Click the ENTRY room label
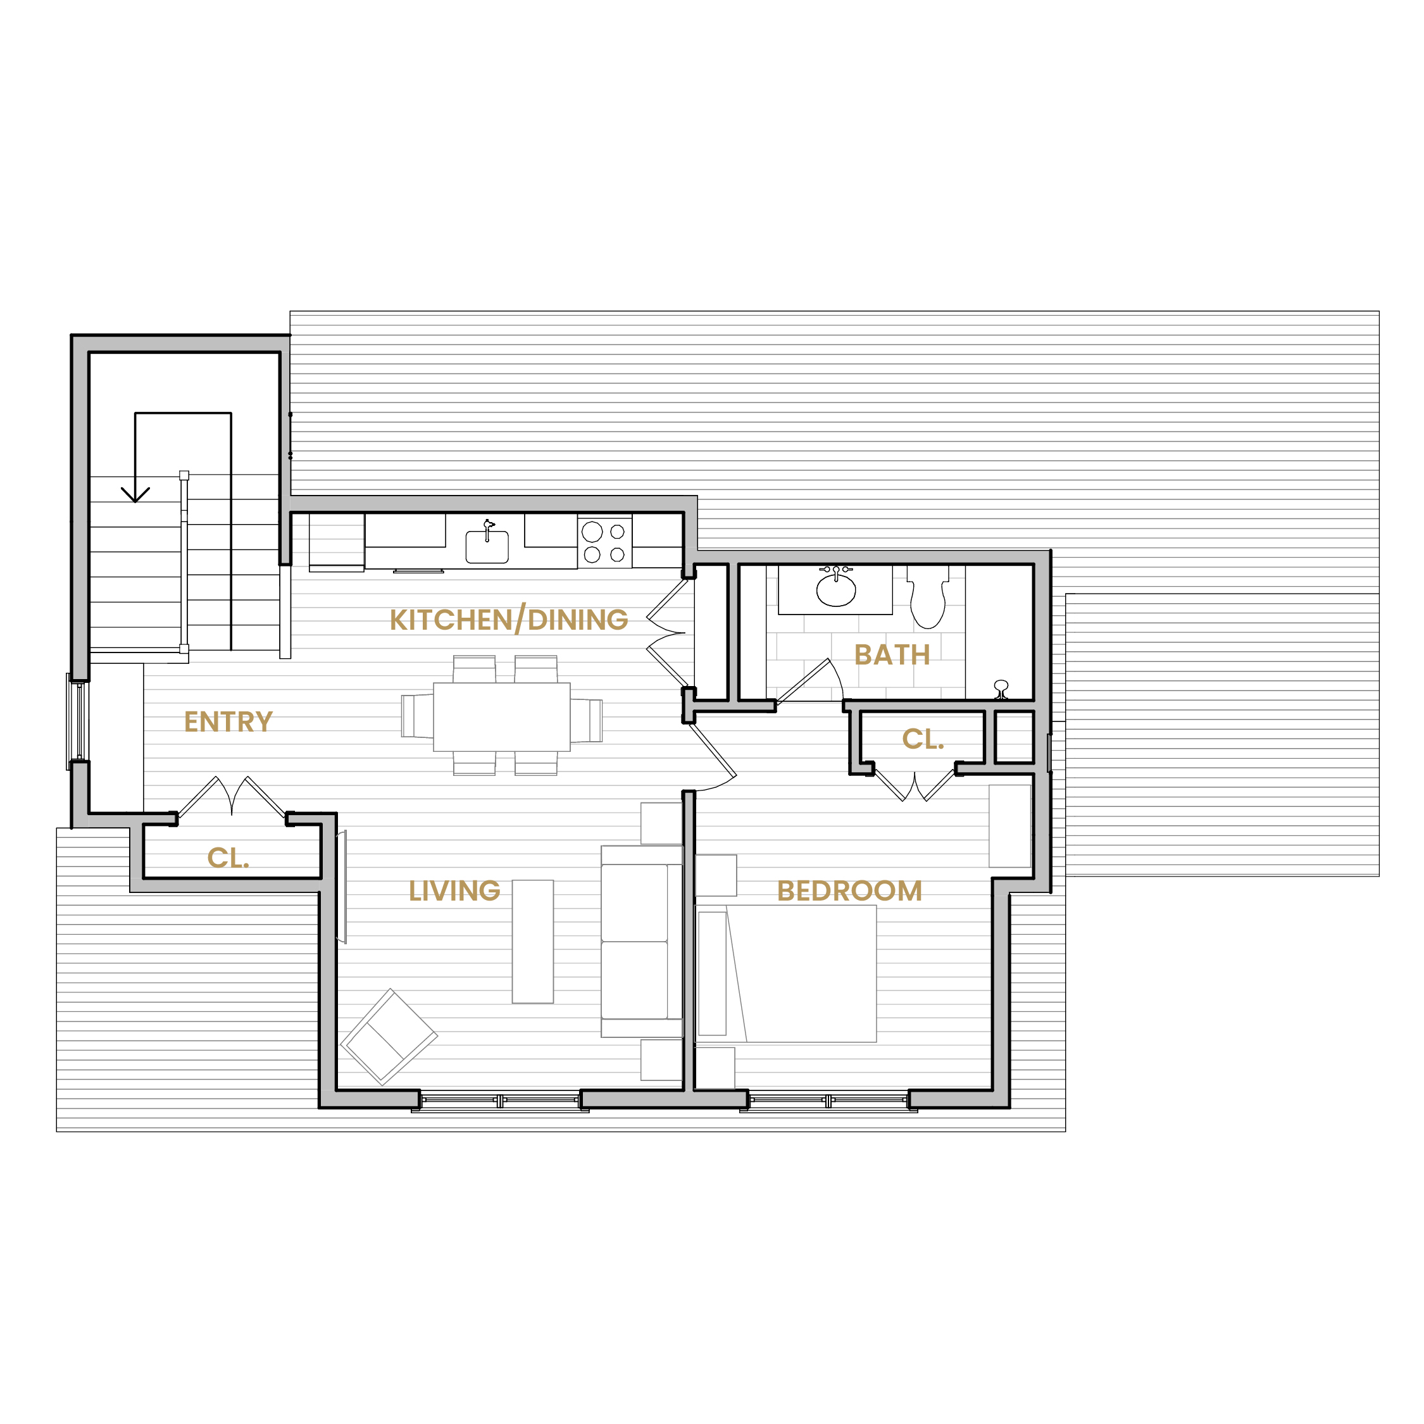click(x=228, y=721)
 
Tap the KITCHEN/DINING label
click(x=509, y=619)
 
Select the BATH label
click(x=892, y=654)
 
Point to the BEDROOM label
click(x=849, y=891)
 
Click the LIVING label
click(x=455, y=891)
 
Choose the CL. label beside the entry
click(x=228, y=858)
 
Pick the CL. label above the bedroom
click(x=923, y=739)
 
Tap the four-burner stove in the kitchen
click(x=604, y=542)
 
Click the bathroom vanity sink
click(x=836, y=587)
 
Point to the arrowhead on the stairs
click(x=135, y=494)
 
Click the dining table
click(x=501, y=717)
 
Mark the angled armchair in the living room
click(x=389, y=1036)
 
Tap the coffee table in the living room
click(x=533, y=941)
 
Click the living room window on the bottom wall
click(x=501, y=1101)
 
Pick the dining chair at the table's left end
click(x=417, y=716)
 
